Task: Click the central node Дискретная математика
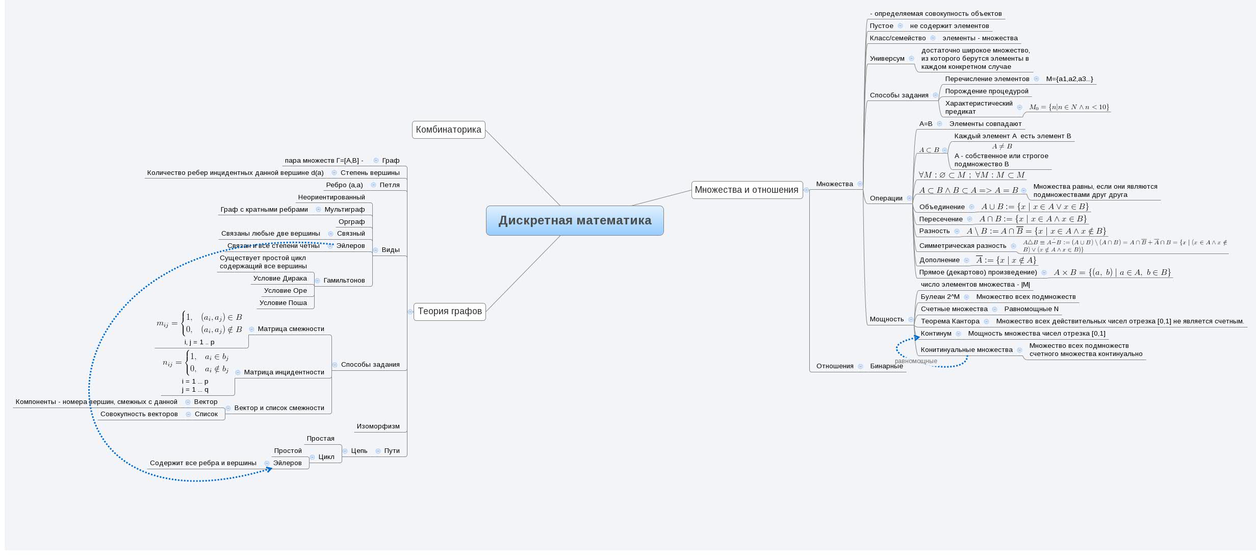pyautogui.click(x=575, y=220)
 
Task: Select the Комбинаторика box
pyautogui.click(x=448, y=130)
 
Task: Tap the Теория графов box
pyautogui.click(x=449, y=311)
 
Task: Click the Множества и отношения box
pyautogui.click(x=747, y=190)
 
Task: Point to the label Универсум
pyautogui.click(x=887, y=59)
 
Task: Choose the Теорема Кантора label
pyautogui.click(x=950, y=321)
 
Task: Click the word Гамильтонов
pyautogui.click(x=344, y=281)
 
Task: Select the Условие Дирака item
pyautogui.click(x=280, y=278)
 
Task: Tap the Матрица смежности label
pyautogui.click(x=291, y=329)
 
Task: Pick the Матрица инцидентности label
pyautogui.click(x=284, y=372)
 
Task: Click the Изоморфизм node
pyautogui.click(x=378, y=426)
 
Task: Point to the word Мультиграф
pyautogui.click(x=344, y=210)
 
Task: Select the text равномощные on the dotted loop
pyautogui.click(x=915, y=361)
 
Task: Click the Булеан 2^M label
pyautogui.click(x=940, y=297)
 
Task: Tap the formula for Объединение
pyautogui.click(x=1035, y=207)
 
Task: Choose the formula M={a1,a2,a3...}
pyautogui.click(x=1069, y=79)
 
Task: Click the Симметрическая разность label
pyautogui.click(x=962, y=246)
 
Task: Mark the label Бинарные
pyautogui.click(x=886, y=366)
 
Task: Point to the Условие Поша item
pyautogui.click(x=283, y=303)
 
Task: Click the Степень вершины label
pyautogui.click(x=370, y=173)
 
